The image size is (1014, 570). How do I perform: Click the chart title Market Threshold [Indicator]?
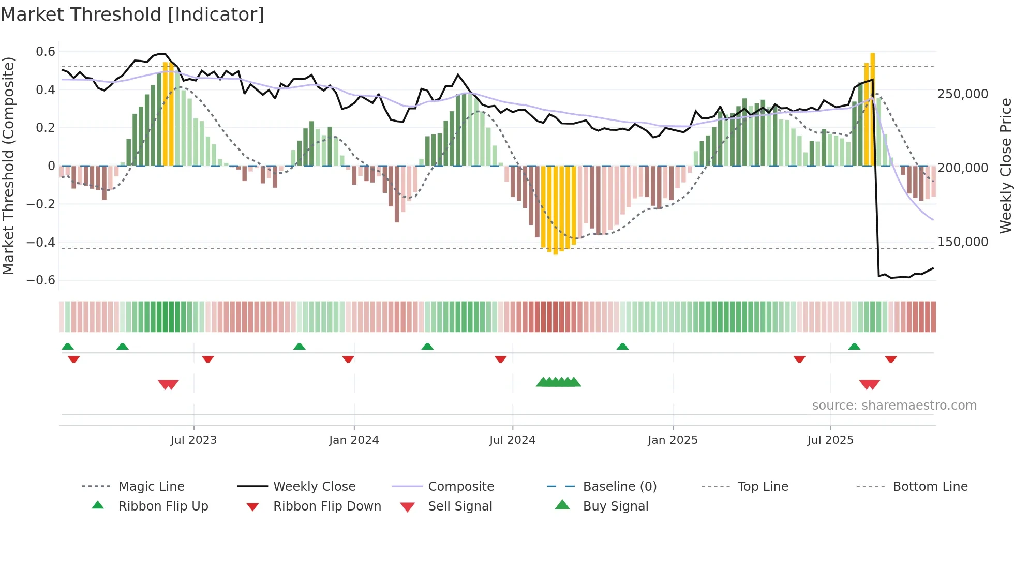132,14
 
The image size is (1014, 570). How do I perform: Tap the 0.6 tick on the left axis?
46,52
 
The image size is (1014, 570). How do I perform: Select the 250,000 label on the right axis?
963,94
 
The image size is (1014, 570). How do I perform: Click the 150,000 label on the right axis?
963,242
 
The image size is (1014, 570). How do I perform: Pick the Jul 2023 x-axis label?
193,440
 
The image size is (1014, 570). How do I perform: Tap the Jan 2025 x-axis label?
673,440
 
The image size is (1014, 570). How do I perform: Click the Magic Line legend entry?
151,487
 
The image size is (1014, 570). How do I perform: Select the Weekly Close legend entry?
314,487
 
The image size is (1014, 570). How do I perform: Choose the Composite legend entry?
460,487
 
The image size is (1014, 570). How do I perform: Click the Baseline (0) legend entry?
619,487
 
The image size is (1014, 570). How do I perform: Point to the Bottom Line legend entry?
930,487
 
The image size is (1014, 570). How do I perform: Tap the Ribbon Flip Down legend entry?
327,506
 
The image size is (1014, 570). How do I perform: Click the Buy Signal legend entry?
615,506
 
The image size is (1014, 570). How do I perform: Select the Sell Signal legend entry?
460,506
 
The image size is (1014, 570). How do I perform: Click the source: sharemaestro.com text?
894,406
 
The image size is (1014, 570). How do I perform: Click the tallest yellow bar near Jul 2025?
873,109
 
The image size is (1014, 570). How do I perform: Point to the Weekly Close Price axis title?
1005,166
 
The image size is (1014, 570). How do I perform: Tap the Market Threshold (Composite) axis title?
8,166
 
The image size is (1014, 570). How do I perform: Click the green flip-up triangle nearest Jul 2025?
854,347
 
